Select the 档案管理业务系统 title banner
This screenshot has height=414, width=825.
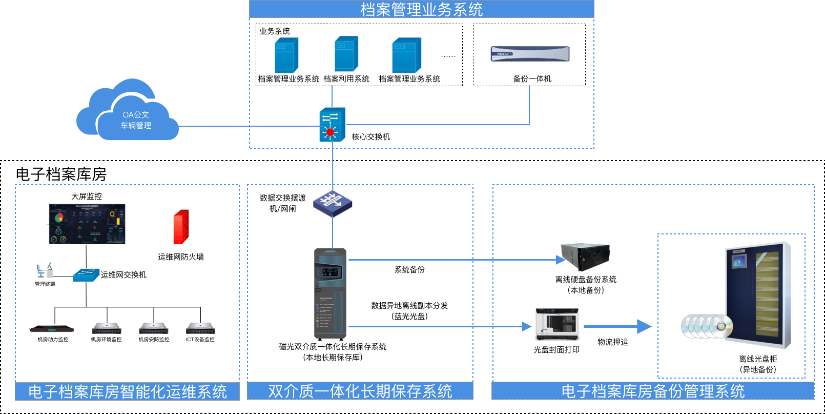[421, 9]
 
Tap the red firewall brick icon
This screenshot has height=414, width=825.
[181, 227]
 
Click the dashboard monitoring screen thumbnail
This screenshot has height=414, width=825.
[86, 224]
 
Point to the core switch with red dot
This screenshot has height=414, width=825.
[332, 125]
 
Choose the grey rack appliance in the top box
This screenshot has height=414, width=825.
[530, 54]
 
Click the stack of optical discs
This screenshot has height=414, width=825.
[707, 326]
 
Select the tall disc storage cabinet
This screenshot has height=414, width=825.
[758, 294]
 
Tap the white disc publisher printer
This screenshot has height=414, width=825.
[558, 324]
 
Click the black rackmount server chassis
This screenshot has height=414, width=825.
[585, 257]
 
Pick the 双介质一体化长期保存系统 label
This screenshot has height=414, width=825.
[360, 391]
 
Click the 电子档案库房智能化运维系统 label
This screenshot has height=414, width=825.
[127, 391]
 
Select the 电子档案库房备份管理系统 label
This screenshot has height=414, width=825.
[653, 391]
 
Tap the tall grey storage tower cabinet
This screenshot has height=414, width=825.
[330, 294]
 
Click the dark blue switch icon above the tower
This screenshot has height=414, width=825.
[333, 204]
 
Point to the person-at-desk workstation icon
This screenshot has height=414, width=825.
[45, 270]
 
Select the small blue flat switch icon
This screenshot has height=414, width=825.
[86, 275]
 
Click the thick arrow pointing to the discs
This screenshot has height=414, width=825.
[617, 326]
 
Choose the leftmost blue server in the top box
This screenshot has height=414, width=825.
[286, 55]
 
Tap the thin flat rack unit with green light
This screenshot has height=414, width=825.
[51, 329]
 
